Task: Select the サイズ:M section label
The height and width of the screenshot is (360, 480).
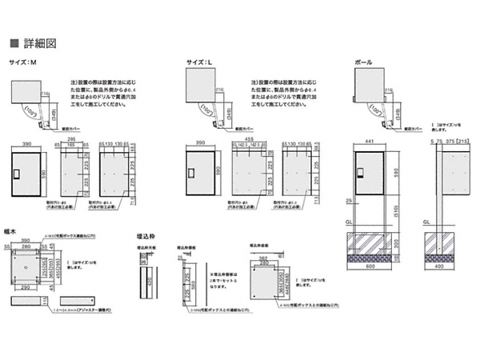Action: tap(23, 62)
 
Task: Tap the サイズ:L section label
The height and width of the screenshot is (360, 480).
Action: tap(196, 62)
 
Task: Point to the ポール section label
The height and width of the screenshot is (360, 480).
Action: tap(360, 62)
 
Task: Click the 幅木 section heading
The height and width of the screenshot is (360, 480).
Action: tap(14, 229)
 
